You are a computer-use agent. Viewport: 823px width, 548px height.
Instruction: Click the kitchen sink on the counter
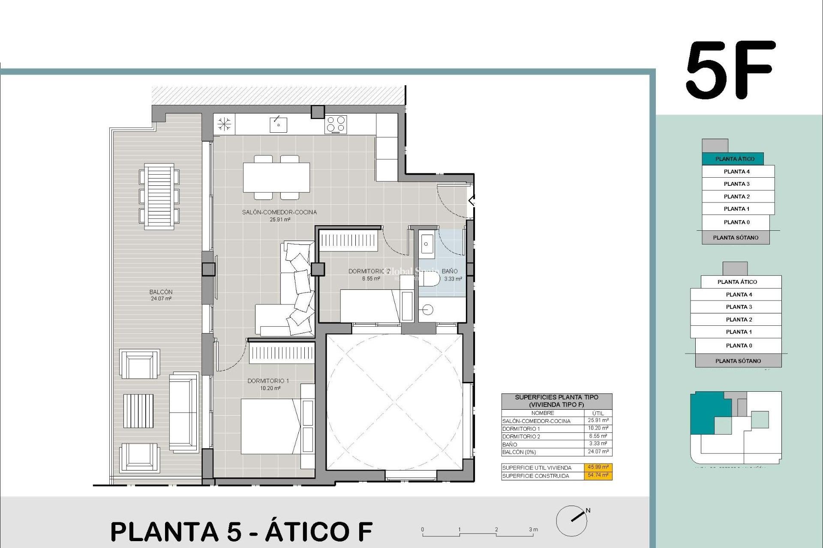[x=278, y=125]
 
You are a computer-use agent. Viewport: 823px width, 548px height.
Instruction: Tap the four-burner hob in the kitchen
[x=336, y=125]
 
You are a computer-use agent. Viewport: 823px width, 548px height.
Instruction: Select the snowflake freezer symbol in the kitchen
[x=224, y=125]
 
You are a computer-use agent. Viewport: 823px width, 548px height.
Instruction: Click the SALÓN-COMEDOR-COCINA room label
[x=279, y=212]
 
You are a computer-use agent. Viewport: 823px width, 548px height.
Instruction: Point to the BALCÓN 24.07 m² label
[x=161, y=295]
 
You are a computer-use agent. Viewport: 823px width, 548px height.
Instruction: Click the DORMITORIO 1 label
[x=268, y=381]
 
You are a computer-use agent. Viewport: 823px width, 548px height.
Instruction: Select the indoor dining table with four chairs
[x=276, y=177]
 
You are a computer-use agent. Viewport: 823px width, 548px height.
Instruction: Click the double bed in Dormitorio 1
[x=270, y=426]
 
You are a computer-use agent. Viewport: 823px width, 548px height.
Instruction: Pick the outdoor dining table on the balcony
[x=159, y=197]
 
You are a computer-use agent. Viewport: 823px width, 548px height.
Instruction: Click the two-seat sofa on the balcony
[x=183, y=412]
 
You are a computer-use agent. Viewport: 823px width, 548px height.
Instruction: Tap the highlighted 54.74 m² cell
[x=598, y=475]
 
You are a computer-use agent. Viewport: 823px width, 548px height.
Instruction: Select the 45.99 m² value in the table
[x=598, y=467]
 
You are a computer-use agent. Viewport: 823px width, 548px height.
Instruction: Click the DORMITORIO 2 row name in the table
[x=521, y=436]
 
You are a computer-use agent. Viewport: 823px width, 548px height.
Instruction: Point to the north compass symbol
[x=573, y=520]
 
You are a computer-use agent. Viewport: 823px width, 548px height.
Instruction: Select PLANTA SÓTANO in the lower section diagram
[x=738, y=361]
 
